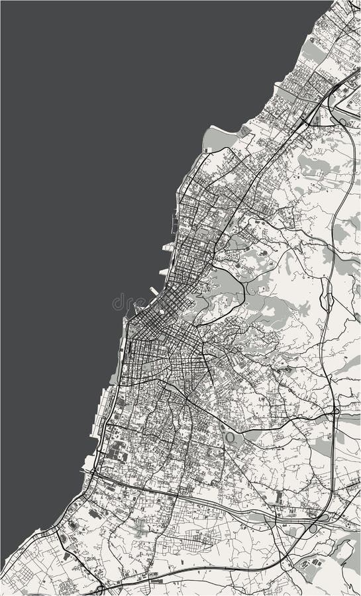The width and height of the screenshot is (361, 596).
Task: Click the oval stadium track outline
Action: click(x=230, y=438)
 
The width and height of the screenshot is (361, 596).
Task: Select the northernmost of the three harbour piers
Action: click(x=168, y=246)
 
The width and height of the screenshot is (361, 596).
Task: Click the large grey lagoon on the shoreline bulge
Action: click(x=215, y=138)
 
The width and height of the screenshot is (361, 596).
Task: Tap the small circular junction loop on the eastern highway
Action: click(x=337, y=411)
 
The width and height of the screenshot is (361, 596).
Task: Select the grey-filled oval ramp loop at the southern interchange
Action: click(x=313, y=528)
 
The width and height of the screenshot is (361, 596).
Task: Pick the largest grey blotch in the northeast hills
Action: click(x=311, y=166)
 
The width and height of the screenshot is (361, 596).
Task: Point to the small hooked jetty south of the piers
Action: click(x=136, y=306)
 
